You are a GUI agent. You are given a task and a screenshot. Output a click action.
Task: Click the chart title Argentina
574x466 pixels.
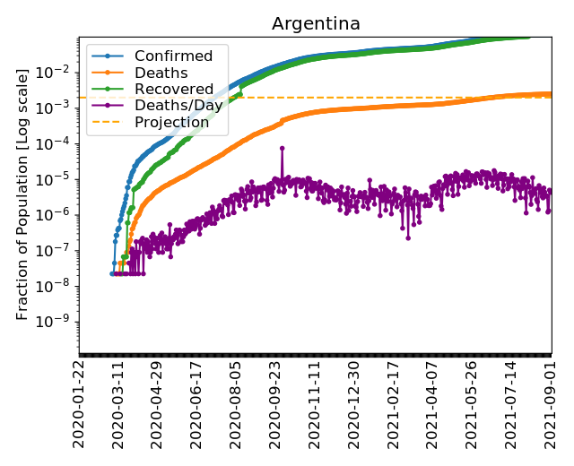click(x=315, y=24)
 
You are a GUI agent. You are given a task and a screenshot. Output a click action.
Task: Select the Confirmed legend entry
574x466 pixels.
click(x=173, y=56)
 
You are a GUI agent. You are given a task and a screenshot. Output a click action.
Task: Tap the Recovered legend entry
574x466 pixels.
click(x=174, y=90)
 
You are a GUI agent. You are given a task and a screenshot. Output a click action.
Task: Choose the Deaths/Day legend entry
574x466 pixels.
click(x=178, y=106)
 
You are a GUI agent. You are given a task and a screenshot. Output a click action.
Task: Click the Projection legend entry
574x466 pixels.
click(x=171, y=122)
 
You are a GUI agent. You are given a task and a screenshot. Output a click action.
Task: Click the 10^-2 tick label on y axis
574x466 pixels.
click(x=59, y=72)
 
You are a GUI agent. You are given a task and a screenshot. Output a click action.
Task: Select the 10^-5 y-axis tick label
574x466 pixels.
click(x=59, y=179)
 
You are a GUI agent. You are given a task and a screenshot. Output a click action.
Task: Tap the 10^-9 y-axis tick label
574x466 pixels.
click(x=59, y=323)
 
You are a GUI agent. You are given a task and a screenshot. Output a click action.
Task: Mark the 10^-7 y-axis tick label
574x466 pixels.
click(x=59, y=251)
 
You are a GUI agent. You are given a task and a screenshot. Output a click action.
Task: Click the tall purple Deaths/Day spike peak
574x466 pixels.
click(x=282, y=148)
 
